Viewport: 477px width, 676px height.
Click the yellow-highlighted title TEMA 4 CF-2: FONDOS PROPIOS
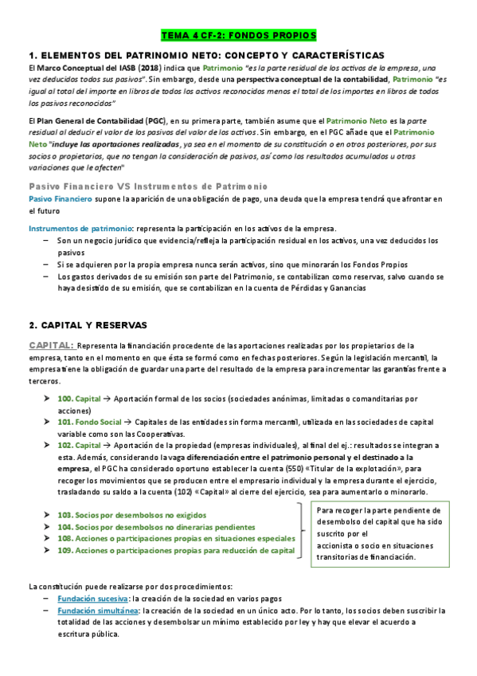(238, 36)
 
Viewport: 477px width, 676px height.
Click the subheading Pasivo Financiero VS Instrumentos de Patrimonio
(136, 186)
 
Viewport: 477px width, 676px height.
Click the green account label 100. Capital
(79, 398)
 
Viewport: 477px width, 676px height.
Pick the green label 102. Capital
(79, 445)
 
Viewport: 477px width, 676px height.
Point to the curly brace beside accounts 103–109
(304, 533)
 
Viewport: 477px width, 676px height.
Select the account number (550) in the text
(301, 469)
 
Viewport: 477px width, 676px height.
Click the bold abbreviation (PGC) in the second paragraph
(155, 119)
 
